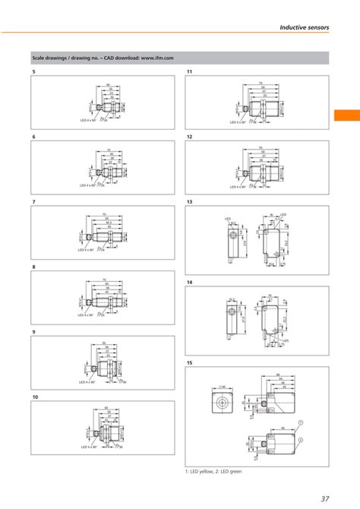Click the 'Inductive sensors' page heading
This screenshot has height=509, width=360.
click(304, 27)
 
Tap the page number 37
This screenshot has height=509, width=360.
click(324, 498)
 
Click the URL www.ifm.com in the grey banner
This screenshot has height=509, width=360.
click(157, 58)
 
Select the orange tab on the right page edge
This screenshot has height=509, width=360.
click(346, 115)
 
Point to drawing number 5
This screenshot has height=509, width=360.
click(33, 71)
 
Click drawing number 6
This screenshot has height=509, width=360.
click(33, 136)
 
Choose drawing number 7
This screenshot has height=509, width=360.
click(33, 202)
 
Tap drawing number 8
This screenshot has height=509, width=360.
click(33, 267)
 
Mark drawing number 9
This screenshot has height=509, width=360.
click(33, 333)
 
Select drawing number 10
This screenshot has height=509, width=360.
click(35, 398)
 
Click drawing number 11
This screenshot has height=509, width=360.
click(189, 71)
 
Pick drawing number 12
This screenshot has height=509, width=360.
click(189, 136)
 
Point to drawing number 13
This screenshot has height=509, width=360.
click(189, 202)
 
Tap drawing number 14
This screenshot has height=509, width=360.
click(189, 282)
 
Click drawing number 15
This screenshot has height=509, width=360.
click(189, 363)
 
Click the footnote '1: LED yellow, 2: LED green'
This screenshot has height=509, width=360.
click(218, 472)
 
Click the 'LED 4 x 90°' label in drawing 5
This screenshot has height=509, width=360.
click(88, 119)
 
